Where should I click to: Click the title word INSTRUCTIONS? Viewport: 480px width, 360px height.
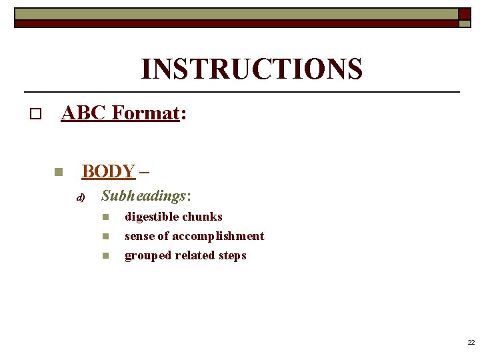[251, 69]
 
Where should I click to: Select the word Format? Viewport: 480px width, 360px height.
[145, 113]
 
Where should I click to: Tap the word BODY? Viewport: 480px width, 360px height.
[108, 171]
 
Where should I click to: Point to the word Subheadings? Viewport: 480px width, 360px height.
[143, 196]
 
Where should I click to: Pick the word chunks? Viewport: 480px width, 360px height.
[202, 217]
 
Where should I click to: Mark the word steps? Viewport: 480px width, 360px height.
[232, 256]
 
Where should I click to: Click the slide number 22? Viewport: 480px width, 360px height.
[471, 343]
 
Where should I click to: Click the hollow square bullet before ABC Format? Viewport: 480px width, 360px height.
[35, 115]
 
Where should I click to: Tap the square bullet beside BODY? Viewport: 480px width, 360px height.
[58, 172]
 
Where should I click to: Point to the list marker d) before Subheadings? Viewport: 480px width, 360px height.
[81, 197]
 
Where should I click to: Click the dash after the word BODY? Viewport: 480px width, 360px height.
[145, 171]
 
